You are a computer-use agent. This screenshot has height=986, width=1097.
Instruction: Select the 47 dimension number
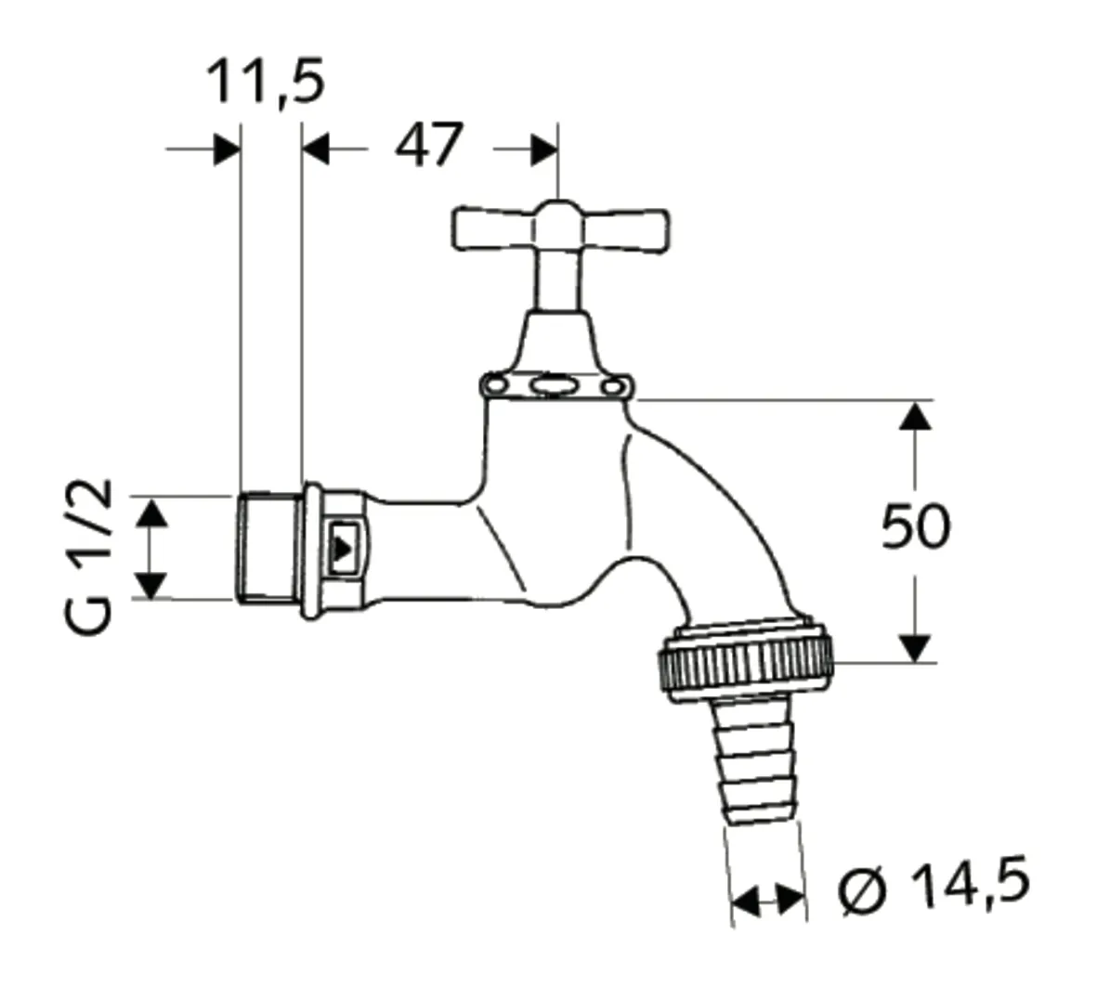428,146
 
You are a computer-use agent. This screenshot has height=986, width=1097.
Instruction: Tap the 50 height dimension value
915,527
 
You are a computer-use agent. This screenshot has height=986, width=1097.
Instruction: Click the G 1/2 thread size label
91,555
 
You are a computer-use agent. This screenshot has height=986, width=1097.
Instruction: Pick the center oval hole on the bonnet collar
555,384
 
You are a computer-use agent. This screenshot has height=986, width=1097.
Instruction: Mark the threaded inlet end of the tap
268,549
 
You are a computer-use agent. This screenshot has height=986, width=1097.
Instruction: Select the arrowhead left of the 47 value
317,149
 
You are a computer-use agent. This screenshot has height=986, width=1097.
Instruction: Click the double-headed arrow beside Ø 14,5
767,898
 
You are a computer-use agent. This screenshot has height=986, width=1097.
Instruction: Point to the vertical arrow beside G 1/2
151,548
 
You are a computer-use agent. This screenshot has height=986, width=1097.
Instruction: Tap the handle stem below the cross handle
555,279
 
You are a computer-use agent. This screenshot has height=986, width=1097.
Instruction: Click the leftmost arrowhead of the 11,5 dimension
227,149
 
